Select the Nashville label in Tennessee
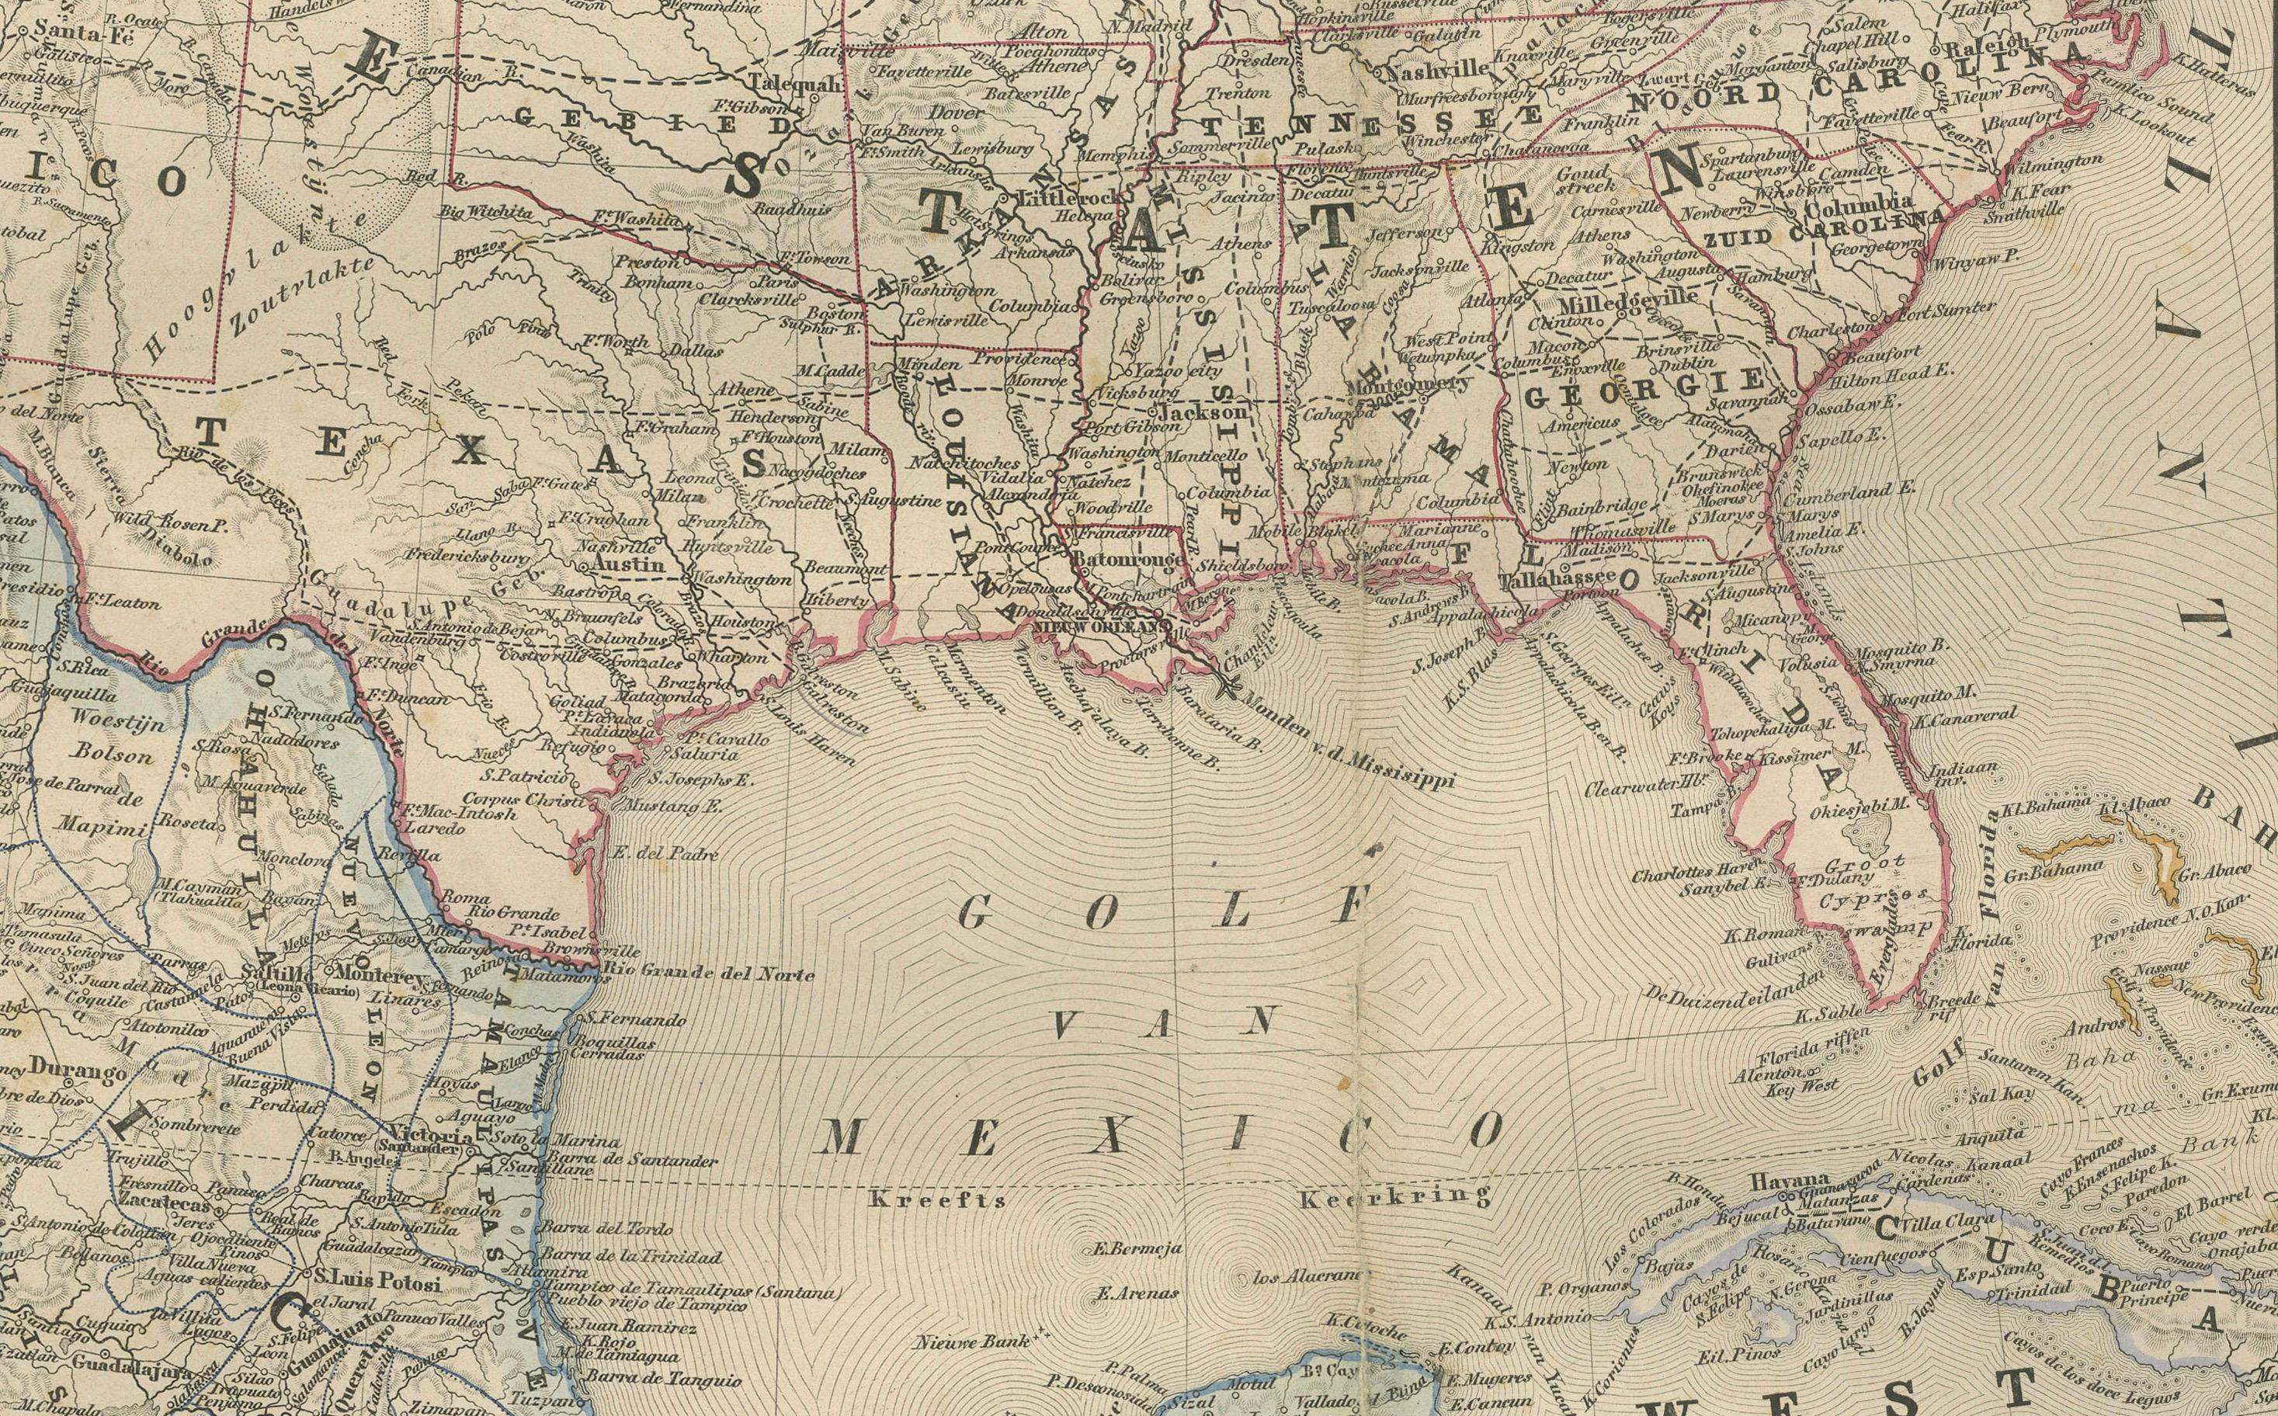coord(1438,68)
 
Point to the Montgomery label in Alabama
coord(1408,385)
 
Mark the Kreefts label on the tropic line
coord(936,1199)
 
